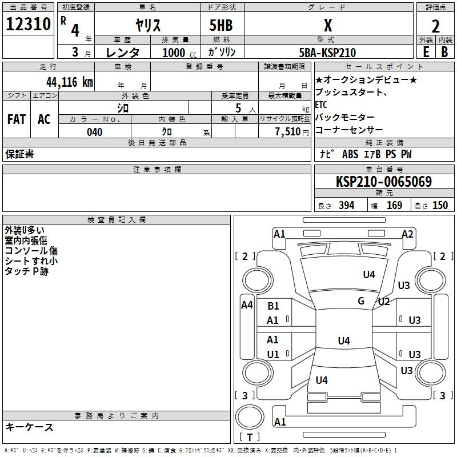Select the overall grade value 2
(x=435, y=26)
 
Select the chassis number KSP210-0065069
(x=383, y=182)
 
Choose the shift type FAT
(x=17, y=119)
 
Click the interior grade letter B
(x=444, y=52)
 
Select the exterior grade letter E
(x=426, y=52)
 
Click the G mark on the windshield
(x=361, y=301)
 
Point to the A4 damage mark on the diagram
(x=247, y=305)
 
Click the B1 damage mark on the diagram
(x=273, y=306)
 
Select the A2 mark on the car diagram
(x=407, y=234)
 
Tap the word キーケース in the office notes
(x=30, y=427)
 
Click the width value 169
(x=394, y=205)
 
